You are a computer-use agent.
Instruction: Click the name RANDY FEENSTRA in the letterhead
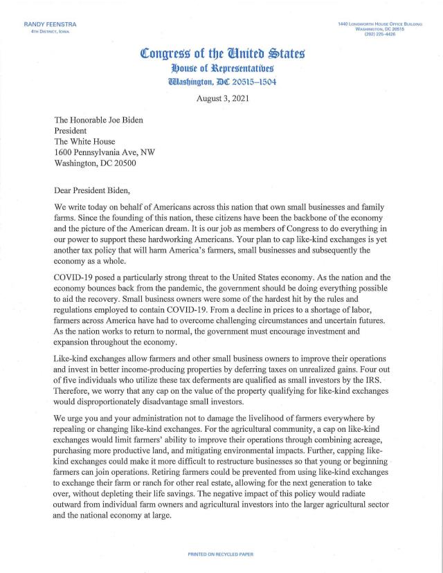(50, 25)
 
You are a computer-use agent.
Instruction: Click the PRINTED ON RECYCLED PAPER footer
(221, 555)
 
